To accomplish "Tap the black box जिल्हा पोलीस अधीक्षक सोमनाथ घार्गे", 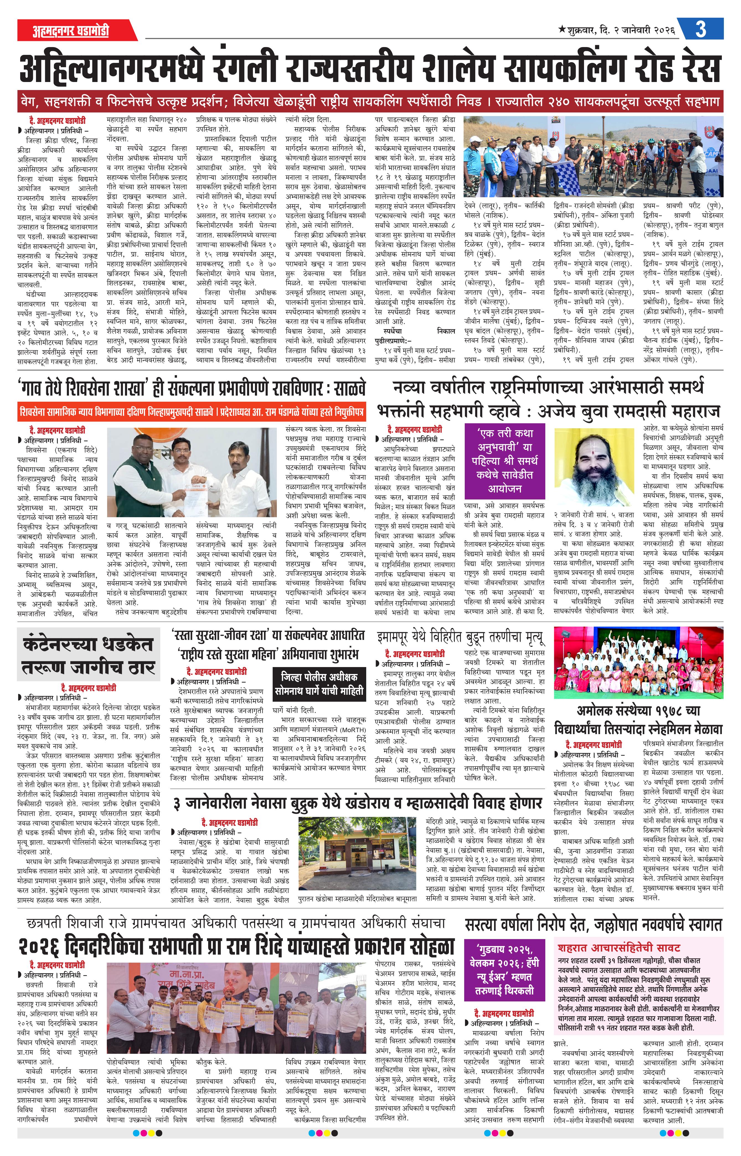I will tap(319, 684).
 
